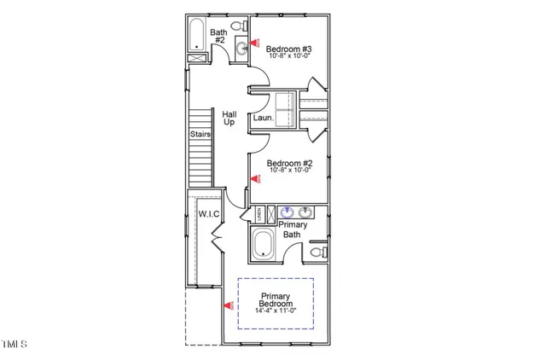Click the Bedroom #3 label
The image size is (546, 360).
pyautogui.click(x=289, y=50)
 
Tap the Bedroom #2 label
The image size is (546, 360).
pyautogui.click(x=289, y=163)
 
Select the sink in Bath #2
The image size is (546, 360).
pyautogui.click(x=242, y=48)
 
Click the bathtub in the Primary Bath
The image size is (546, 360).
pyautogui.click(x=263, y=246)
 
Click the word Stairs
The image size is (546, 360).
pyautogui.click(x=200, y=134)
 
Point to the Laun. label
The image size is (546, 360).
pyautogui.click(x=262, y=119)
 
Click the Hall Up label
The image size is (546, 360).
pyautogui.click(x=229, y=118)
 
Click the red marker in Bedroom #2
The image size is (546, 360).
pyautogui.click(x=255, y=178)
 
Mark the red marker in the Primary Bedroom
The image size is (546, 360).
pyautogui.click(x=228, y=305)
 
